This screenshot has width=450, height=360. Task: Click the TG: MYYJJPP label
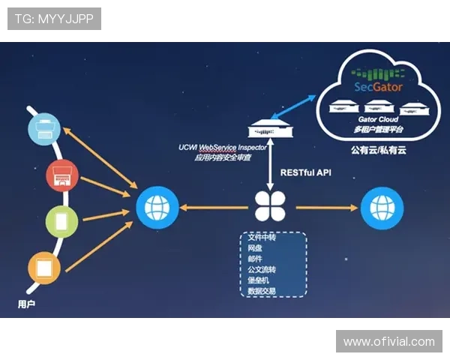(53, 19)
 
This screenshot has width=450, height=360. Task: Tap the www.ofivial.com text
(388, 342)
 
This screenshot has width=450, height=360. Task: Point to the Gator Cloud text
(378, 119)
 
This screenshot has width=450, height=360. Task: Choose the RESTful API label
(306, 173)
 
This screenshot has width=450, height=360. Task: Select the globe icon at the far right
(381, 208)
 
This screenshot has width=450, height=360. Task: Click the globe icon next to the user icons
(157, 208)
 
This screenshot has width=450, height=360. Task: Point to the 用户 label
(26, 304)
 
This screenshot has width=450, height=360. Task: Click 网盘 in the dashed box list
(256, 247)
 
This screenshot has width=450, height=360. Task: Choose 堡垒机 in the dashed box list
(259, 279)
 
